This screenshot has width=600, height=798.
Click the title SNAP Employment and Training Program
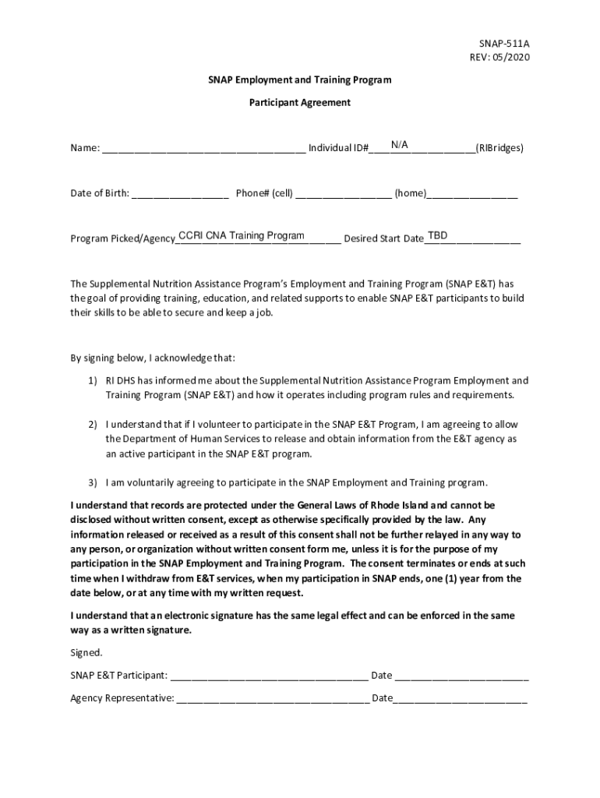coord(299,79)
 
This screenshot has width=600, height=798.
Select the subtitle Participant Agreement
coord(299,102)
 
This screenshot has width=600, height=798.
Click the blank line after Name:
coord(203,148)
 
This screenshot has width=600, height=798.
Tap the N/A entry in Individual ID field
coord(400,144)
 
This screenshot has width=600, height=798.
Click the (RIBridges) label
coord(499,147)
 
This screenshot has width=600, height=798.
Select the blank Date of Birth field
coord(180,194)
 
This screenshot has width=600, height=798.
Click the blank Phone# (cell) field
coord(344,194)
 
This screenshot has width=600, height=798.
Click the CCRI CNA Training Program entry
coord(241,235)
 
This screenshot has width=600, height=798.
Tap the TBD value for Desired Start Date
coord(437,235)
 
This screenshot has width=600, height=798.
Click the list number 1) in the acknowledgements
coord(92,381)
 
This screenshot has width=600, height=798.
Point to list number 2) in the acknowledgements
coord(92,425)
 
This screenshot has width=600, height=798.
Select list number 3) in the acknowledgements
coord(92,482)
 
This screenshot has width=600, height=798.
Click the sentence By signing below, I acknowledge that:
coord(153,358)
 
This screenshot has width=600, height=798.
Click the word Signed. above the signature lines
coord(86,652)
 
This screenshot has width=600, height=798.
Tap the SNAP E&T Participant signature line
coord(269,676)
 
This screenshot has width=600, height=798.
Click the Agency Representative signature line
coord(273,698)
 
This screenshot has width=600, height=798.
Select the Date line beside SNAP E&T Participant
coord(461,676)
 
